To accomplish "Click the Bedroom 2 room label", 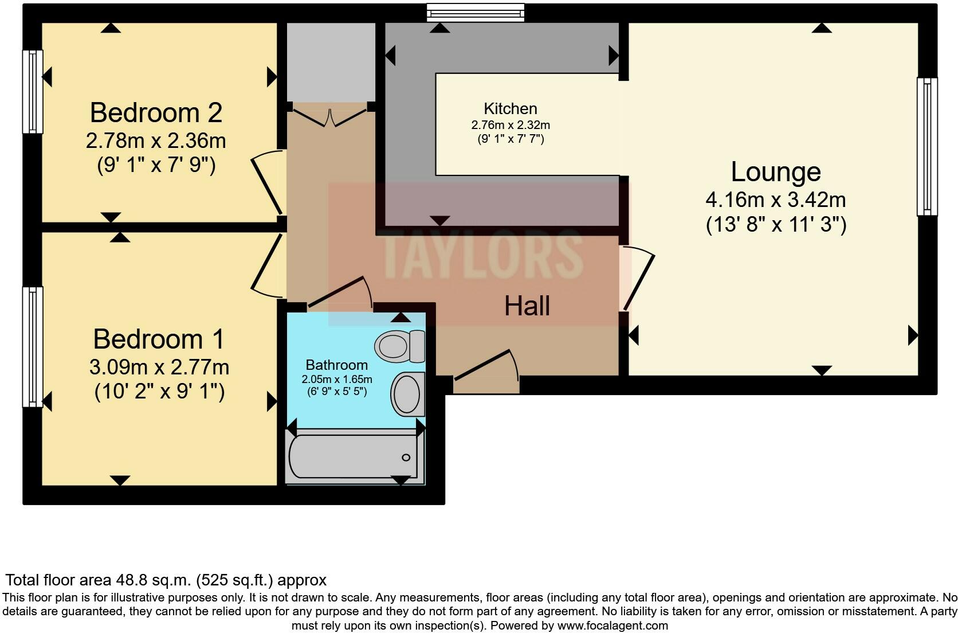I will point(156,113).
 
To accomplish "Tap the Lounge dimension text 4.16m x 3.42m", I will point(776,200).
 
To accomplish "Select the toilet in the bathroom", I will point(399,346).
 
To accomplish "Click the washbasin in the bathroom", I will point(408,394).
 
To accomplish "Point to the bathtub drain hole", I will point(406,457).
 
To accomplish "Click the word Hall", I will point(527,306).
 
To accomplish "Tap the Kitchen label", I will point(510,109).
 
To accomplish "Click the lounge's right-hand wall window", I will point(926,147).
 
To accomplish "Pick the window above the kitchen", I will point(476,12).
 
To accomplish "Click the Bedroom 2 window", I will point(33,92).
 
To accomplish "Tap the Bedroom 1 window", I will point(33,346).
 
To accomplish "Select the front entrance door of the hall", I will point(487,365).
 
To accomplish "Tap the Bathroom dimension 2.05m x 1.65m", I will point(337,380).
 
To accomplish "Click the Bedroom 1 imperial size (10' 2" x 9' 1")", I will point(159,392).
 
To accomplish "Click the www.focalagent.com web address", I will point(613,626).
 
